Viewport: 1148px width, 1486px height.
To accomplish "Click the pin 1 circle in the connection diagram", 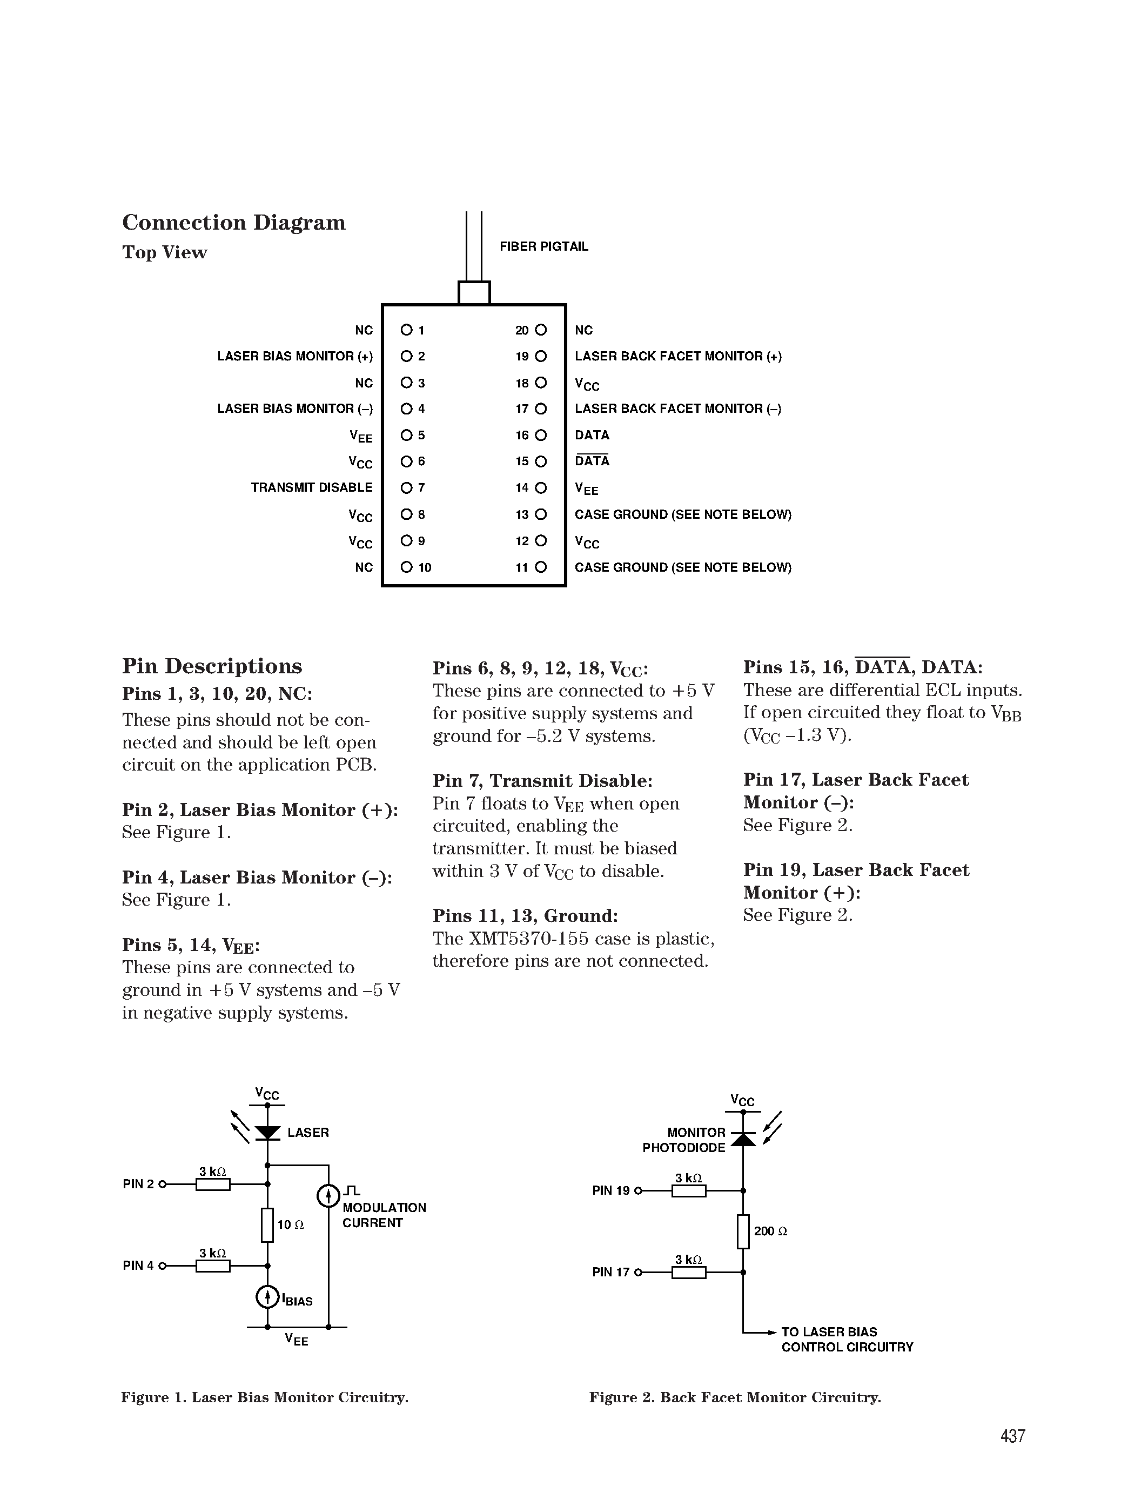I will (x=406, y=330).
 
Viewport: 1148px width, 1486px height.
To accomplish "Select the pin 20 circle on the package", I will (x=541, y=330).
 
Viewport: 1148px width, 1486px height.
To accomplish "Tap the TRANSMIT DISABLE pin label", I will (x=312, y=488).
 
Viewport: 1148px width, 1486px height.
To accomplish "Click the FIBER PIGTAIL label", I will (x=543, y=246).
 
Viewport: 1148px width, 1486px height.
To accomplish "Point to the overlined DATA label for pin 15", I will (x=592, y=461).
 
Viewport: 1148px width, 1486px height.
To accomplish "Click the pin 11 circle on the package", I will (x=541, y=567).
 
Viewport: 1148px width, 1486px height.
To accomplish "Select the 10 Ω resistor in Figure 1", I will (x=267, y=1224).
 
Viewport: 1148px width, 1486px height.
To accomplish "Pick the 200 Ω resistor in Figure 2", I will (x=743, y=1231).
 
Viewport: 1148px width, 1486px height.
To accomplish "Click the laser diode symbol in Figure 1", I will (x=267, y=1133).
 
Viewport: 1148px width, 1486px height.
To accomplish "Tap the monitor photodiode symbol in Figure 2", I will (x=743, y=1139).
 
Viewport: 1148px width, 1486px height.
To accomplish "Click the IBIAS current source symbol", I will (x=267, y=1297).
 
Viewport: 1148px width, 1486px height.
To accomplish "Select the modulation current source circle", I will (x=328, y=1195).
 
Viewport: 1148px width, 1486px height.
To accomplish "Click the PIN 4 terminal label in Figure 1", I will (x=138, y=1266).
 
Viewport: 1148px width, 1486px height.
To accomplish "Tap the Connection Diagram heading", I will (x=233, y=223).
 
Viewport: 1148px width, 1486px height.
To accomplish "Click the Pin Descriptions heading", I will (x=212, y=666).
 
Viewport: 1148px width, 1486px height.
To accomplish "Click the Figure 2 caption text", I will (x=735, y=1397).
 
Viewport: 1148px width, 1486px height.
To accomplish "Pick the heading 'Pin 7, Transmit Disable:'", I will (x=542, y=780).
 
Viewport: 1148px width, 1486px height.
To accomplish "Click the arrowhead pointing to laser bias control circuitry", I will (x=771, y=1332).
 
